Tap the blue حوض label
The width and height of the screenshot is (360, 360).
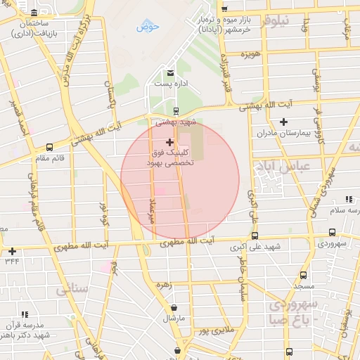click(x=148, y=27)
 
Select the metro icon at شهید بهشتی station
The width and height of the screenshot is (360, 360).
click(x=176, y=110)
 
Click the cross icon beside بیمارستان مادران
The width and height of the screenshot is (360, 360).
click(x=283, y=122)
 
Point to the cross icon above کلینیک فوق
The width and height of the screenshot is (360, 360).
click(x=169, y=142)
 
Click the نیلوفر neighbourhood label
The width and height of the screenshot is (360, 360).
click(x=274, y=20)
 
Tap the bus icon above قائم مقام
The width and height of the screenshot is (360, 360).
click(x=49, y=148)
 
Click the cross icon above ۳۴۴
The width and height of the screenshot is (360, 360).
click(x=12, y=251)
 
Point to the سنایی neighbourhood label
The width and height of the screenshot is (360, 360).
click(x=72, y=288)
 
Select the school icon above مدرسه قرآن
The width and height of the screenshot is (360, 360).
click(x=25, y=315)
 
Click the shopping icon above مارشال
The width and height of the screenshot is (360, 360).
click(x=174, y=308)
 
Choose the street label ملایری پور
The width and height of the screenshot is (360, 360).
click(x=214, y=329)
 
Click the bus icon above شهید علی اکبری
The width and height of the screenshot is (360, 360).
click(x=255, y=236)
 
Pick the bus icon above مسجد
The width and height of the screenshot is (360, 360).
click(x=303, y=276)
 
